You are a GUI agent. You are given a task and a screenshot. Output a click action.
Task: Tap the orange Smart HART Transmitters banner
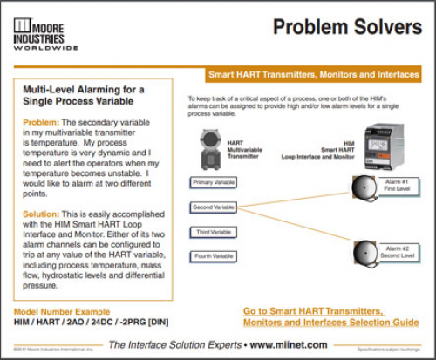point(312,75)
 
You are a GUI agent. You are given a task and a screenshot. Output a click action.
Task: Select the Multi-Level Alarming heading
point(84,96)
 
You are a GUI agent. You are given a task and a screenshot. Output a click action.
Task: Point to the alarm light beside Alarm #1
point(360,189)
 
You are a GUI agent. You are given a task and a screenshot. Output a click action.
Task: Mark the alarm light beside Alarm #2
point(360,253)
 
